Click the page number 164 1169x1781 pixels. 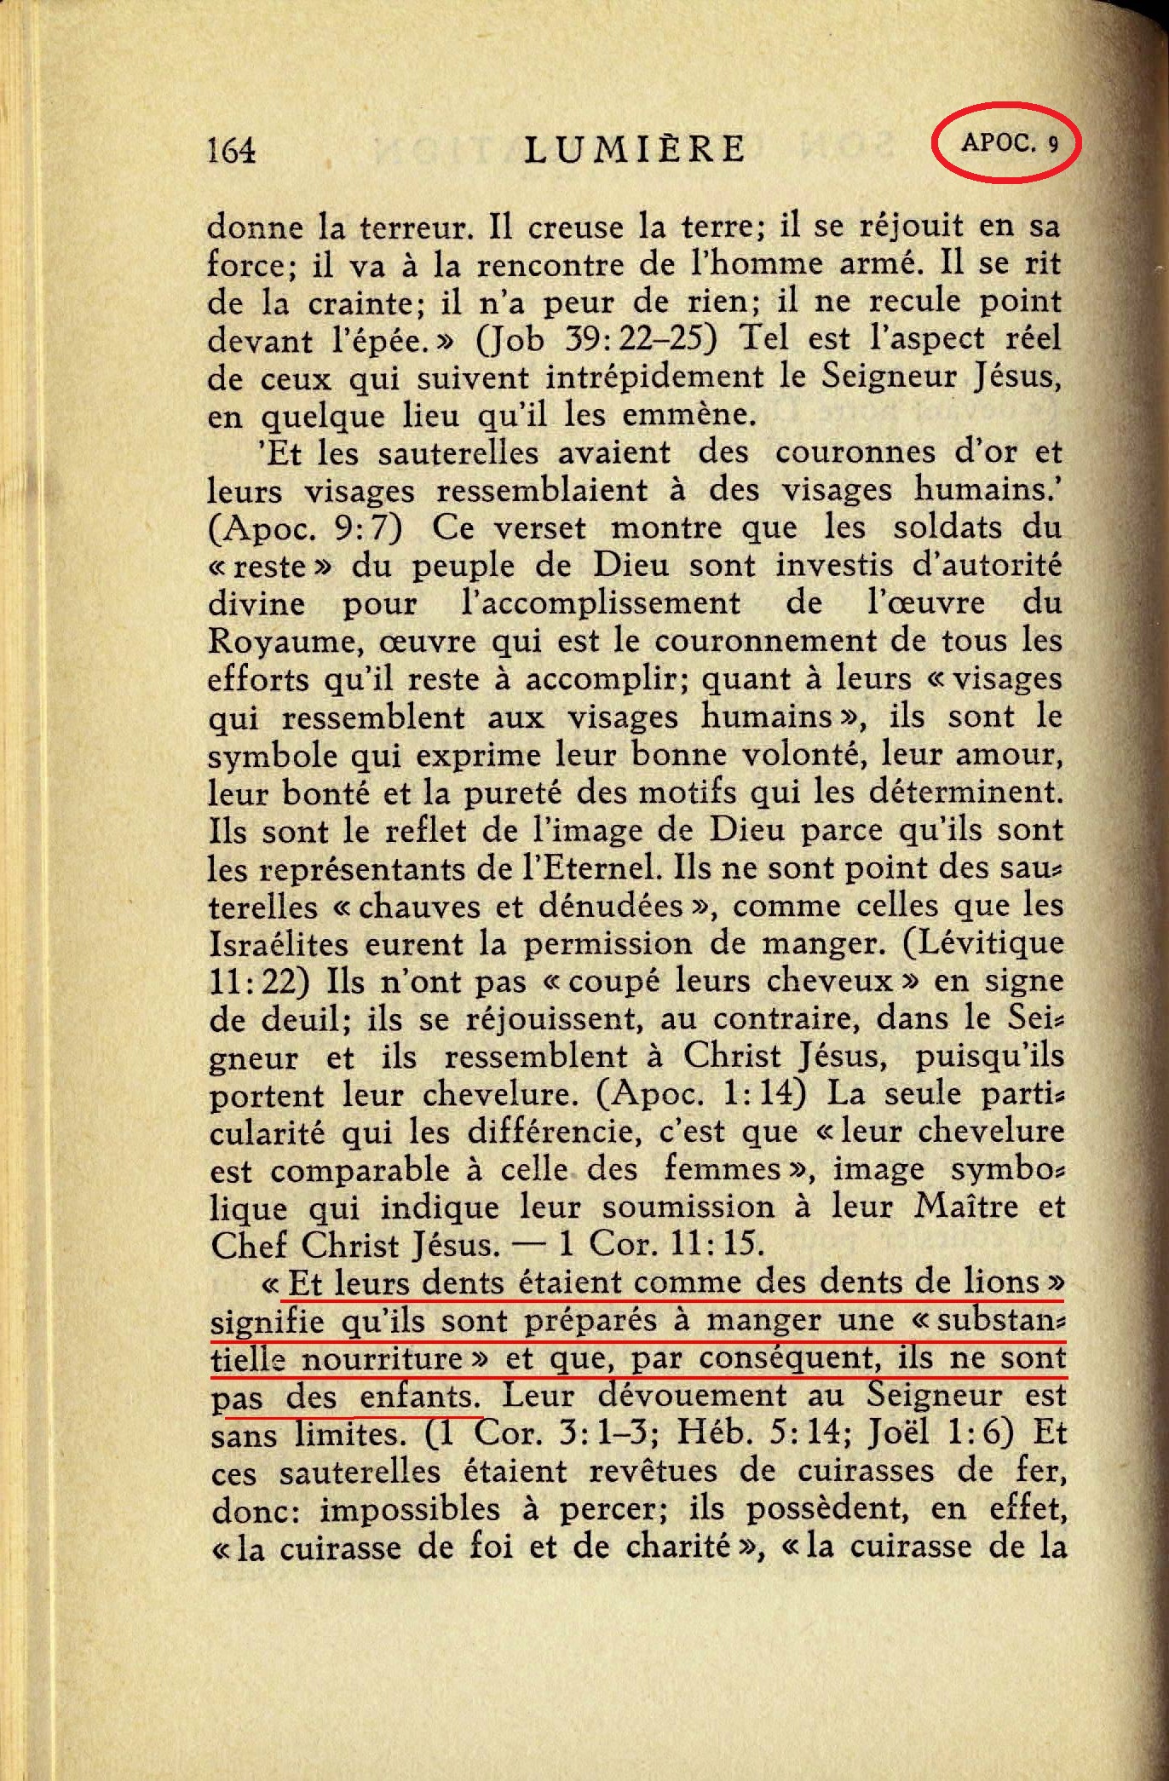click(231, 150)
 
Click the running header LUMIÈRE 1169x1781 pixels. click(636, 149)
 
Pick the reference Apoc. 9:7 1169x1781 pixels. click(304, 528)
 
